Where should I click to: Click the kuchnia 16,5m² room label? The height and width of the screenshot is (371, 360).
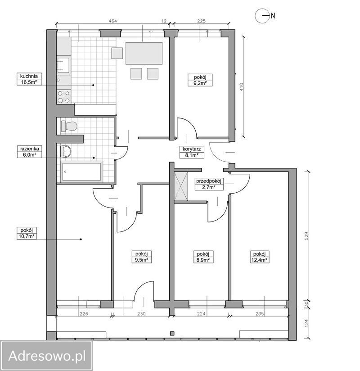29,79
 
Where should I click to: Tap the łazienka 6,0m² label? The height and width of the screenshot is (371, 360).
29,152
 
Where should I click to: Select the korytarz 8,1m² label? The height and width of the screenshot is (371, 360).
192,152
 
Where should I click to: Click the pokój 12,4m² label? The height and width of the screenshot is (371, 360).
259,257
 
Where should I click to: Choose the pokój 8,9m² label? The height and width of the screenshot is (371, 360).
203,257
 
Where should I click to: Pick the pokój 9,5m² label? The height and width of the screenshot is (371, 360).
141,257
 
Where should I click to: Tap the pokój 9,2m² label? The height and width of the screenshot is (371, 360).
200,80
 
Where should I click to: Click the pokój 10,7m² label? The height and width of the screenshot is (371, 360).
27,233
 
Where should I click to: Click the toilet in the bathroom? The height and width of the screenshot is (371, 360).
69,126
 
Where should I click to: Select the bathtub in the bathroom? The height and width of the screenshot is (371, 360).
82,172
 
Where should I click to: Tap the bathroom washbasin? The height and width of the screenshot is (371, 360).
66,151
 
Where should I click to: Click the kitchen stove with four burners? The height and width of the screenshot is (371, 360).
63,96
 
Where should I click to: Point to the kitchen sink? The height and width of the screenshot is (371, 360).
63,65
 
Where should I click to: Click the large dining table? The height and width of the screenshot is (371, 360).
144,54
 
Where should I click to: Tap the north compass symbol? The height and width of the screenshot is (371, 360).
265,16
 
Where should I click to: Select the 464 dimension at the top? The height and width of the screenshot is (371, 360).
113,21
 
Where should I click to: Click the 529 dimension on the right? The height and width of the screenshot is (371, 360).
307,236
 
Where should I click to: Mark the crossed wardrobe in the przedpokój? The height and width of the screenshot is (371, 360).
181,187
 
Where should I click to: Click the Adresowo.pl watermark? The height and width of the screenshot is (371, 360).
47,356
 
